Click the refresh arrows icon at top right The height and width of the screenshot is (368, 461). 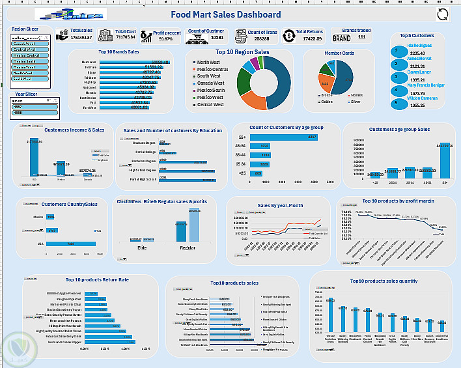click(x=443, y=16)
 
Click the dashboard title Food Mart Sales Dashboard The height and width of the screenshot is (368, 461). click(x=226, y=15)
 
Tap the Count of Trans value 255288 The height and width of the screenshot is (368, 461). click(x=258, y=38)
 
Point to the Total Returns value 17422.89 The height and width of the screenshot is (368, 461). click(x=309, y=38)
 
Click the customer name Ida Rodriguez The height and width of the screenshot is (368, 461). click(x=420, y=45)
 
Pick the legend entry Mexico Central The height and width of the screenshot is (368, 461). click(x=212, y=69)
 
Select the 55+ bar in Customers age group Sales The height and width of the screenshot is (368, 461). click(x=444, y=160)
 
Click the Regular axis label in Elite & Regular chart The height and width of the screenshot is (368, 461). click(x=188, y=248)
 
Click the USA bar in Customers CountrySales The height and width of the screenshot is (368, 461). click(x=71, y=244)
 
